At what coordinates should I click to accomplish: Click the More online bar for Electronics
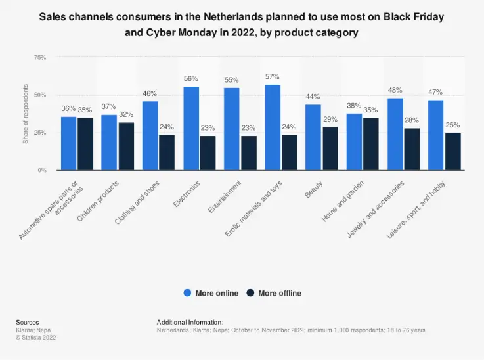pos(191,128)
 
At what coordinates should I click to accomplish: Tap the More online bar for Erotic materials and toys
pos(273,127)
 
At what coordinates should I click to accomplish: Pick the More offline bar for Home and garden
pos(370,144)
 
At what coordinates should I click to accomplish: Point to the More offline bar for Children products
pos(126,146)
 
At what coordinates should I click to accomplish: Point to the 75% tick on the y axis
pos(39,58)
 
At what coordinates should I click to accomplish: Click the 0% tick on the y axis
pos(41,170)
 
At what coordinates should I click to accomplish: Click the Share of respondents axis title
pos(26,114)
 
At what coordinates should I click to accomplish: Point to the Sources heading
pos(27,322)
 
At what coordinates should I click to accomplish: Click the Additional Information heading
pos(190,322)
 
